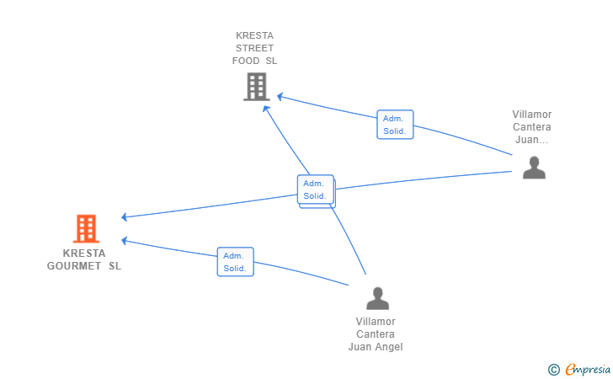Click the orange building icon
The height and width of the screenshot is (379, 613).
pos(86,228)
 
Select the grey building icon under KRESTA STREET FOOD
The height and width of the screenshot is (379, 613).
pos(257,87)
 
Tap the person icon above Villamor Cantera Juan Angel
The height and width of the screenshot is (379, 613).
pos(377,298)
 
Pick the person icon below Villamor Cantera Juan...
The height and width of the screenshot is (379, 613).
pos(534,168)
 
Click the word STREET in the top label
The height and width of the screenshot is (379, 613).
pos(254,48)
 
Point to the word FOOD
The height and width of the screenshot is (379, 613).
pos(246,61)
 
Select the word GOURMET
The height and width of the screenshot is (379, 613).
pos(74,266)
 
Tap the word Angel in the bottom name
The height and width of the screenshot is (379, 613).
pos(389,347)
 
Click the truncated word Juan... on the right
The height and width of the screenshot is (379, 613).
pos(531,140)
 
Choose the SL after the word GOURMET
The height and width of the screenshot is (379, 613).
pos(115,266)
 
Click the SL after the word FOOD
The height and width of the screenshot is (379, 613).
pos(271,61)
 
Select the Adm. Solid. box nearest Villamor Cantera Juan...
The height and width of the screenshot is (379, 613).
pos(395,125)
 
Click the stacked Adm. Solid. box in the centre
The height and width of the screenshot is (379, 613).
pos(316,190)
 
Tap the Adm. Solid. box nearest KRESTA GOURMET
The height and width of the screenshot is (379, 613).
pos(236,262)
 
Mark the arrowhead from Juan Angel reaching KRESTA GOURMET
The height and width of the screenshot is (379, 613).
pos(124,241)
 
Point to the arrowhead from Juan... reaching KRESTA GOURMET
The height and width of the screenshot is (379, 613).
pos(124,216)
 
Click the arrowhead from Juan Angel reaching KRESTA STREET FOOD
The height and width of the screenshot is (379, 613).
pos(266,109)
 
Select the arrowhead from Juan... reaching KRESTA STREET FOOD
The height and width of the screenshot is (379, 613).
pos(280,96)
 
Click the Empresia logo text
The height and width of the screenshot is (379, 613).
pos(588,370)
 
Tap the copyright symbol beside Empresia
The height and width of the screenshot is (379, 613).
pos(554,370)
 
